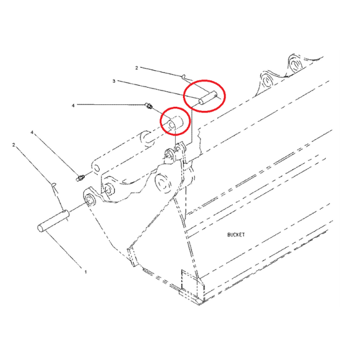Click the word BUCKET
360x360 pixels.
pos(236,235)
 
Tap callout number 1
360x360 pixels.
pos(86,272)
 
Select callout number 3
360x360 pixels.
pos(113,81)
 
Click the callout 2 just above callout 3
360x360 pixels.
pos(137,68)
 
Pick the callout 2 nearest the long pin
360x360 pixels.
pos(14,145)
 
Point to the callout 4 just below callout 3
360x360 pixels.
pos(73,106)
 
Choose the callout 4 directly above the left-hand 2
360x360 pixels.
pos(32,132)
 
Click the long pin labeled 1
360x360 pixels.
pos(53,221)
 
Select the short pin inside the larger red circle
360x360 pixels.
pos(208,98)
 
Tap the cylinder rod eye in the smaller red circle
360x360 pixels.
pos(175,123)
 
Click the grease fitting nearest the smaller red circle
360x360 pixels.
pos(149,106)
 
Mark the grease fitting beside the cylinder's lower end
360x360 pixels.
pos(80,178)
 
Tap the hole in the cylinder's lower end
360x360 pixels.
pos(97,169)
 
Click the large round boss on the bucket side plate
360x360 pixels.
pos(163,183)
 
